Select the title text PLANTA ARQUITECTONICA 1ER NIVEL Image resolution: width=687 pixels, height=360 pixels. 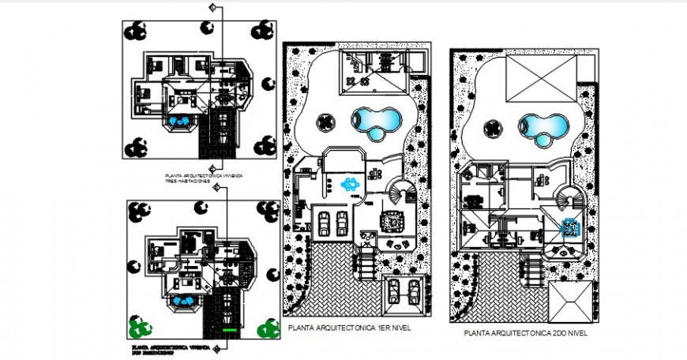pos(350,326)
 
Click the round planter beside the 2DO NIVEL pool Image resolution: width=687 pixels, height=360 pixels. pos(492,128)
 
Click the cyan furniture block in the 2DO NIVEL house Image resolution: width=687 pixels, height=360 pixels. pos(569,229)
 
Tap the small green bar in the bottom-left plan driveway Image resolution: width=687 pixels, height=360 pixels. pos(229,329)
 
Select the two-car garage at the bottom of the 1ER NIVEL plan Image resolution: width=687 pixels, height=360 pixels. pos(404,293)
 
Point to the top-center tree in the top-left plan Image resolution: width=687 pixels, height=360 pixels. pos(209,27)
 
